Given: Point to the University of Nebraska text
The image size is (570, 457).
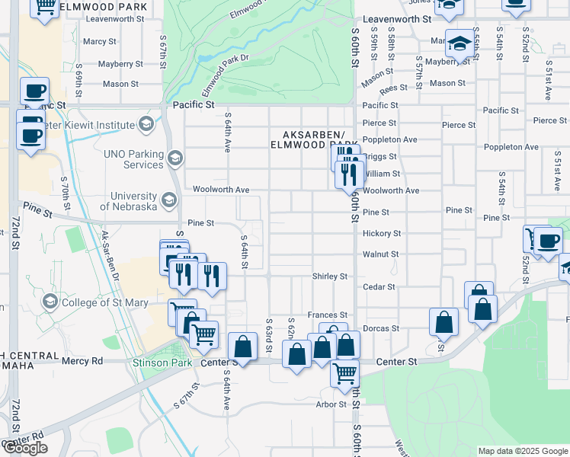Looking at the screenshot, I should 122,201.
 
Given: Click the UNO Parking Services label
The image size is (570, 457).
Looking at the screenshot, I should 133,159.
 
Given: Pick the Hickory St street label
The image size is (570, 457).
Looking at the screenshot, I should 382,234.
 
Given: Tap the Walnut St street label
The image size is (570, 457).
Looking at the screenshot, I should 381,254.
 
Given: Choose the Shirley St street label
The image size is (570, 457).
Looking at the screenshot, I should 329,276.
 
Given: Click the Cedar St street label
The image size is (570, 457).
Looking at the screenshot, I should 379,287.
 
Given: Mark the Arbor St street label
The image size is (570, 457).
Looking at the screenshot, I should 331,404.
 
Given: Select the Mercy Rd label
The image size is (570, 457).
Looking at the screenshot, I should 82,361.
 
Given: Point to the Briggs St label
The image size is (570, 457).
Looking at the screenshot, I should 380,157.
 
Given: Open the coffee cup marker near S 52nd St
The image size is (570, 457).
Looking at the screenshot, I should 548,243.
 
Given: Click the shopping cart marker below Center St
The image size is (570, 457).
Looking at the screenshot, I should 345,373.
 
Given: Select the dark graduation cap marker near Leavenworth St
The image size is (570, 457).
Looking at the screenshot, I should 460,44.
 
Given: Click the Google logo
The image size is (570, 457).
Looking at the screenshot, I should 25,448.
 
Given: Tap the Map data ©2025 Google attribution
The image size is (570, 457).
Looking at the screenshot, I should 523,451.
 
